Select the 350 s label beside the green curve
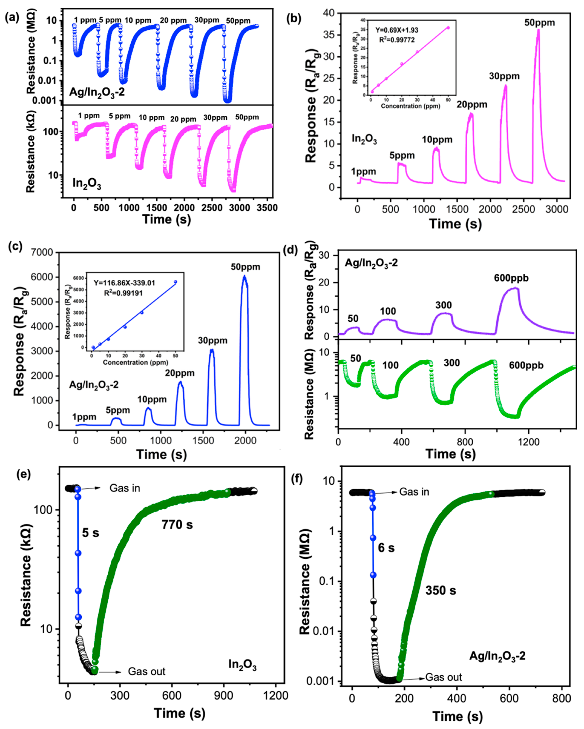(440, 591)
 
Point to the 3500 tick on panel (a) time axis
(267, 208)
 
